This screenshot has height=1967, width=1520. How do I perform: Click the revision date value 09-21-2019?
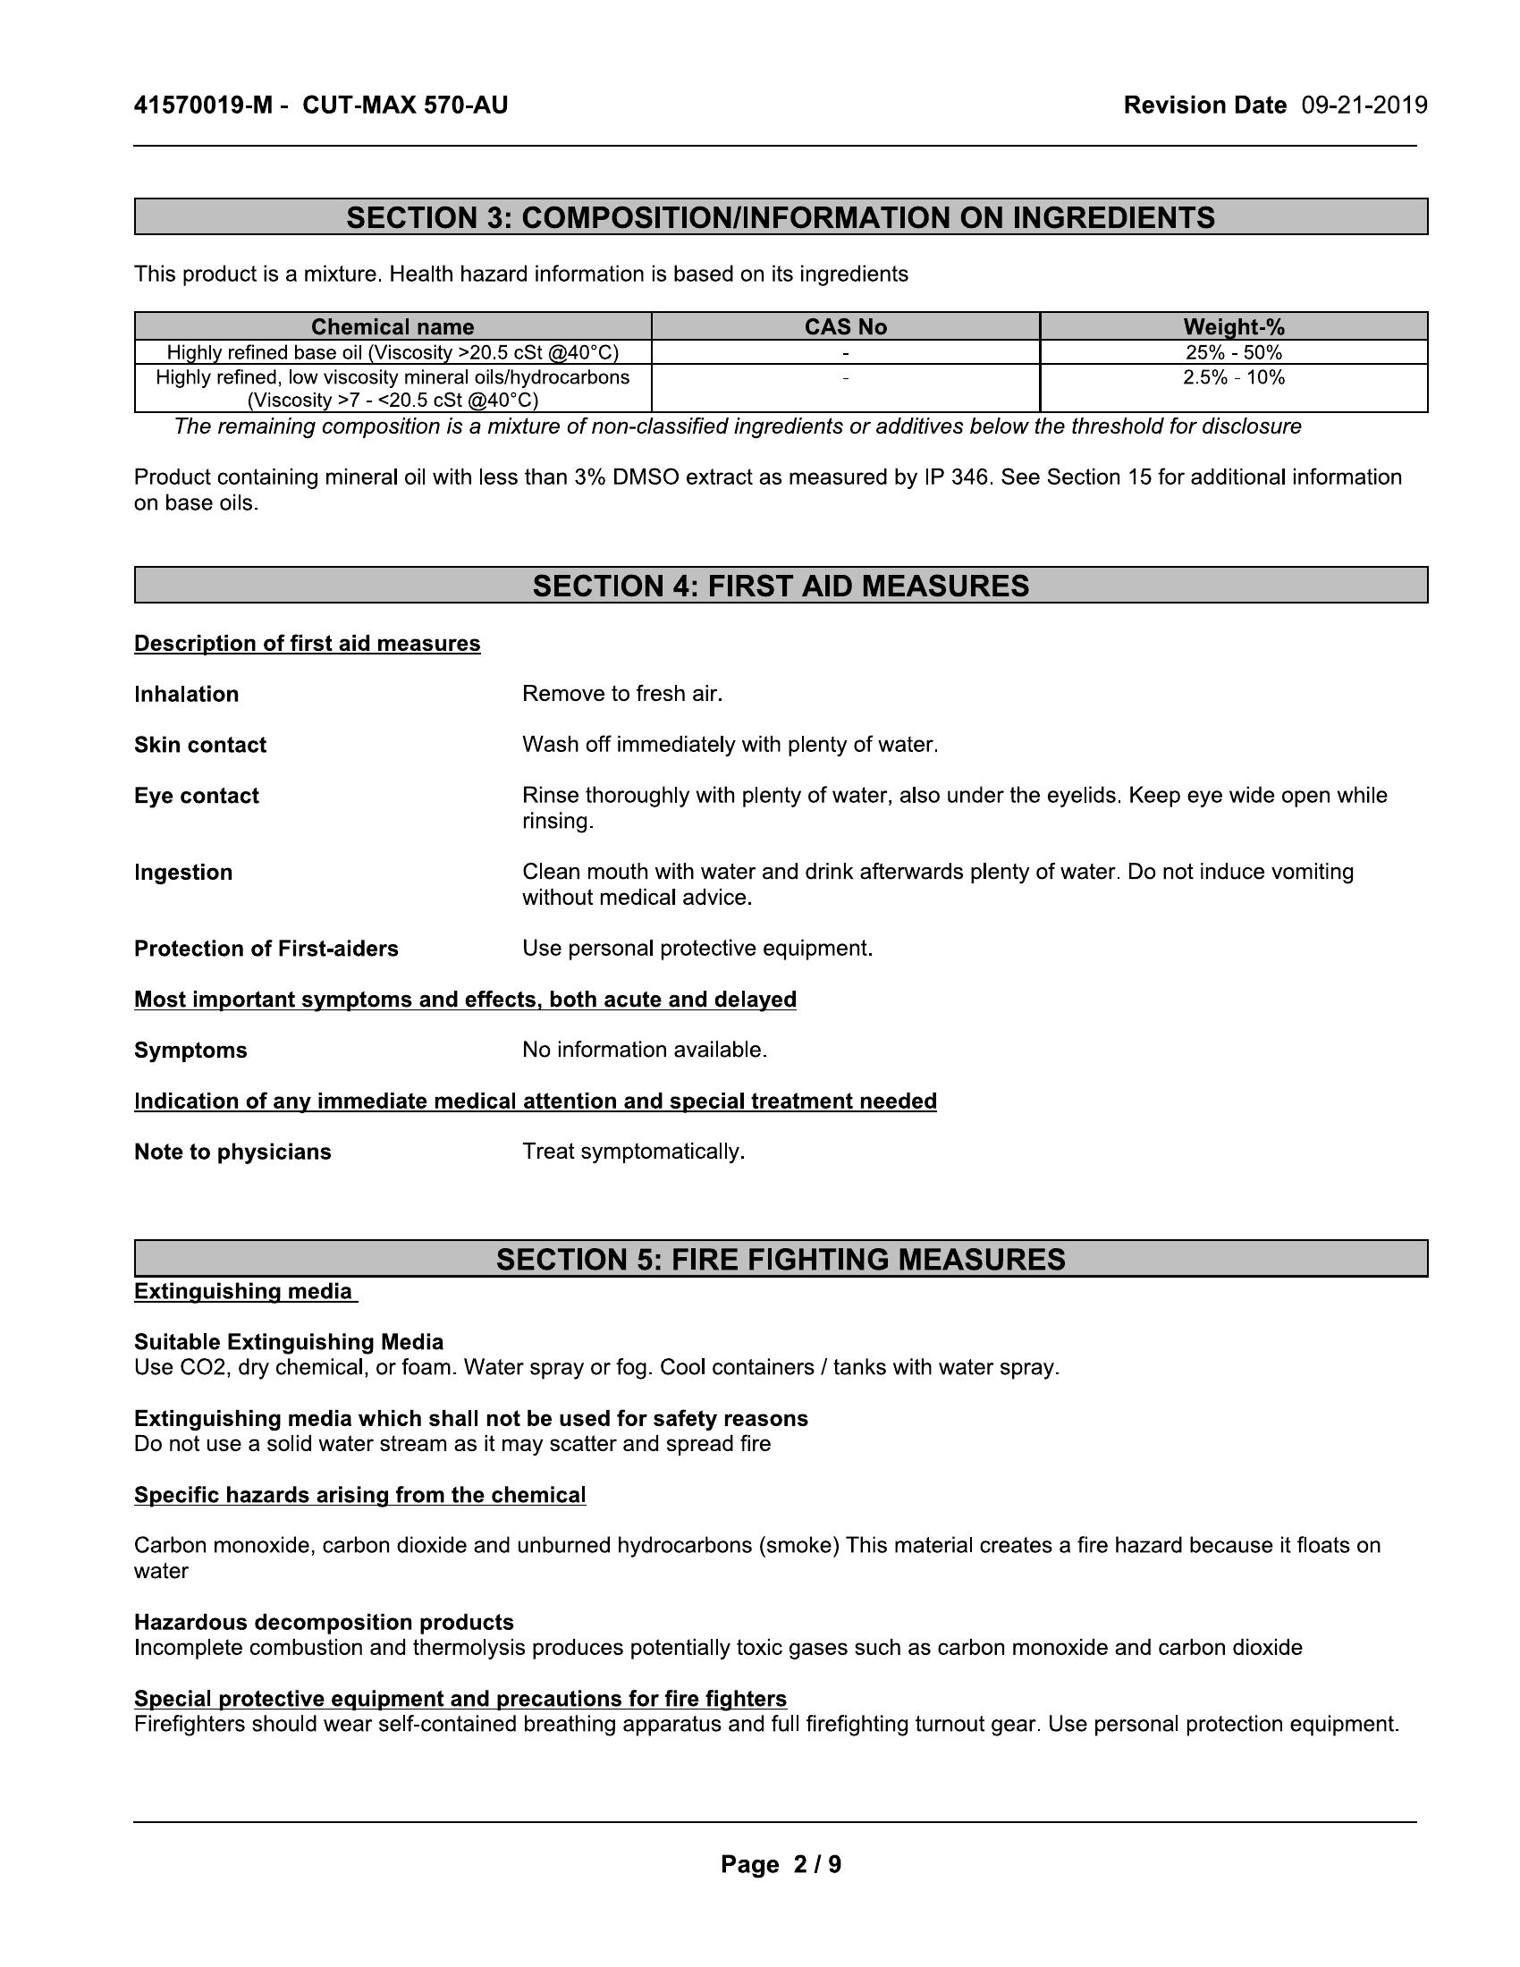coord(1364,106)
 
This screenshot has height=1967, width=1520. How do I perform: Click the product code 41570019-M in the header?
coord(203,106)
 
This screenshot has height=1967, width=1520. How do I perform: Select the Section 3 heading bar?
coord(781,217)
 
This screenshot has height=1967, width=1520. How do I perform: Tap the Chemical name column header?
coord(393,327)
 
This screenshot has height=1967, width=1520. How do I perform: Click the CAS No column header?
coord(846,327)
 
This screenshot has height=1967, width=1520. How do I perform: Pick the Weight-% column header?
coord(1234,327)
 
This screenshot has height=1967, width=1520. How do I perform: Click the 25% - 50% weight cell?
coord(1234,352)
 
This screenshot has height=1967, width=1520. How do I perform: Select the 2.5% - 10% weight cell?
coord(1234,377)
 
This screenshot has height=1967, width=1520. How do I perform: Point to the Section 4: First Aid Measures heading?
coord(781,586)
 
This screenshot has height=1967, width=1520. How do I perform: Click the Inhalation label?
coord(186,695)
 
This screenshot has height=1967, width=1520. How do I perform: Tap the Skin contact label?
coord(200,745)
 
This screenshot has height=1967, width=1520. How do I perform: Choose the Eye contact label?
coord(197,796)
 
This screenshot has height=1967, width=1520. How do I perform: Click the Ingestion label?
coord(182,873)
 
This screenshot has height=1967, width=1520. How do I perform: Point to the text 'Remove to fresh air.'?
coord(622,695)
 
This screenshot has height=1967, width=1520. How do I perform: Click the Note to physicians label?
coord(232,1152)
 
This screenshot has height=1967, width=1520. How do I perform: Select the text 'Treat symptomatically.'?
coord(633,1152)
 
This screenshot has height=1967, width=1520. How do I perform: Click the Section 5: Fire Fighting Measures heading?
coord(781,1259)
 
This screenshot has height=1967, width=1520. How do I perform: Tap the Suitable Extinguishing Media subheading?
coord(288,1343)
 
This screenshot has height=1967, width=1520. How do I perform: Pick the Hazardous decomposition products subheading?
coord(324,1623)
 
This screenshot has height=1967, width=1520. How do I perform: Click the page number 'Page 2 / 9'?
coord(781,1864)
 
